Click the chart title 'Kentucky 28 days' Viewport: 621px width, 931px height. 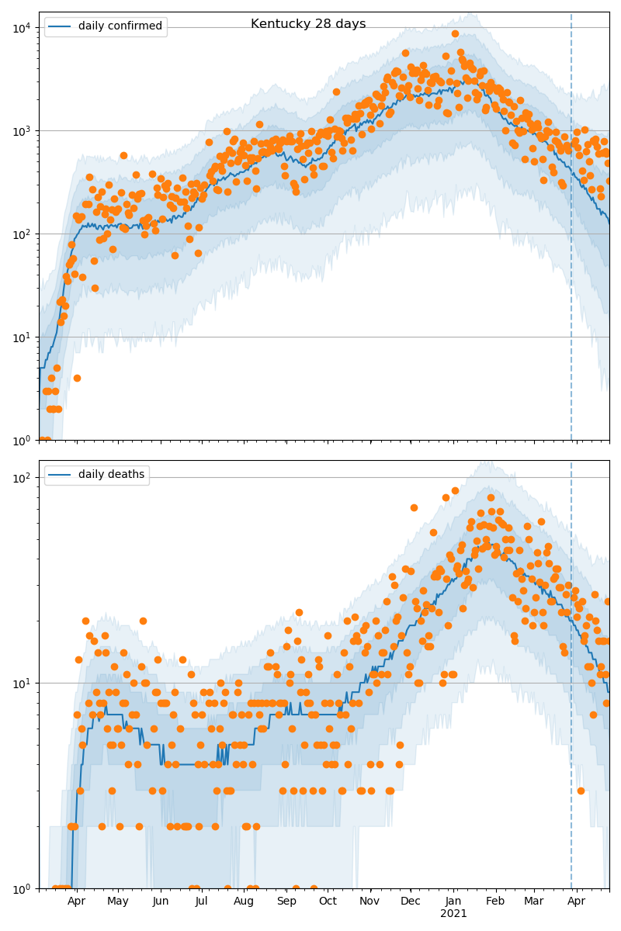point(308,24)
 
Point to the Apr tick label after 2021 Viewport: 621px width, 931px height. point(576,901)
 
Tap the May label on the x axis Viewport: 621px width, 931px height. point(118,901)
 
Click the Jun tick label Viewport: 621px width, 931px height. point(161,901)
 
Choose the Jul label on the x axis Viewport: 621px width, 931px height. point(202,901)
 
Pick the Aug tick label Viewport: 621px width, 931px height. point(244,901)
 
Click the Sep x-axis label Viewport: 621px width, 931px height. point(286,901)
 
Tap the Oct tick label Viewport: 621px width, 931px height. point(328,901)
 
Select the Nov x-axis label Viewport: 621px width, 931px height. point(369,901)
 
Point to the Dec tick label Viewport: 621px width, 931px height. point(411,901)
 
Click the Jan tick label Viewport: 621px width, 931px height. point(453,901)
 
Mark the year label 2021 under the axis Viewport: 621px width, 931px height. point(453,914)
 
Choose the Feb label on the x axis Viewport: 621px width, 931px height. point(495,901)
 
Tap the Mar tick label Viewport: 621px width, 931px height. point(533,901)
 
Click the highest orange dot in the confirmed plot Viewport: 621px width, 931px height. point(455,33)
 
